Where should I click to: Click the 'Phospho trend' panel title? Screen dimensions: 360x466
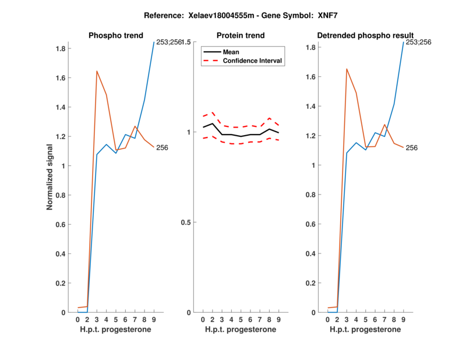point(116,36)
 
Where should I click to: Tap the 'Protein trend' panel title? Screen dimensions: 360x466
point(241,36)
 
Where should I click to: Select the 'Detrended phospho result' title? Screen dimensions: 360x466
point(365,36)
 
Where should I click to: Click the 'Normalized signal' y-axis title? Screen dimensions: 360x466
point(51,177)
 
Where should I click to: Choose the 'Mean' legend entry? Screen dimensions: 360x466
point(231,52)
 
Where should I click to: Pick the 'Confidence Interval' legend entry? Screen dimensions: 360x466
point(253,61)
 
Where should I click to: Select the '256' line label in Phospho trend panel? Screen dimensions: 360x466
point(162,148)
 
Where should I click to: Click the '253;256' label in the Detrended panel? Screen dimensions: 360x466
point(419,42)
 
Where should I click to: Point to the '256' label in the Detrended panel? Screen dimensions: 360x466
point(411,148)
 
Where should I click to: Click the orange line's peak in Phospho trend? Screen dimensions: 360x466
point(97,71)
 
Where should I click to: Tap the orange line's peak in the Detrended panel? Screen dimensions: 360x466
point(347,69)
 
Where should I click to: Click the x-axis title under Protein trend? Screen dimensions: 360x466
point(241,330)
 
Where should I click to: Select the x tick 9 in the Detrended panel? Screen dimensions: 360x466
point(403,319)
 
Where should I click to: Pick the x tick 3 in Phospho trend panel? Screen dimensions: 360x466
point(97,319)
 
